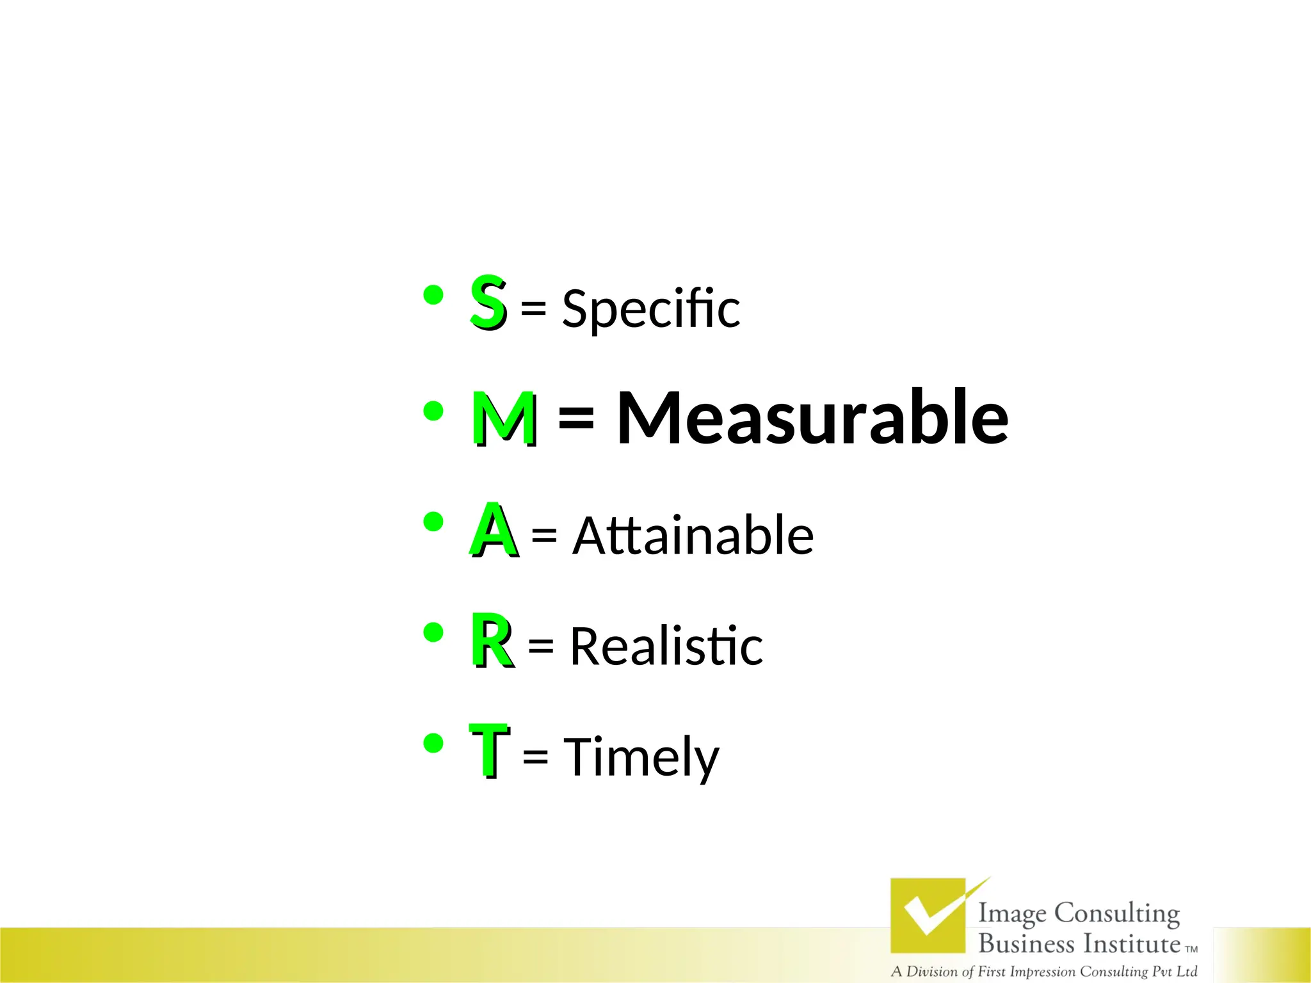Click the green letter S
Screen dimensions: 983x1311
pyautogui.click(x=488, y=301)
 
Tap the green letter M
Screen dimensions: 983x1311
pyautogui.click(x=504, y=418)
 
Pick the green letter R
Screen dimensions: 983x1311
pyautogui.click(x=492, y=639)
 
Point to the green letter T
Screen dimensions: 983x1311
pyautogui.click(x=489, y=749)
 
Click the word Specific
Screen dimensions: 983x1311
pyautogui.click(x=651, y=309)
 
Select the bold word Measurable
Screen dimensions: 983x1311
pyautogui.click(x=812, y=418)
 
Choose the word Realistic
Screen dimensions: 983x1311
pyautogui.click(x=666, y=646)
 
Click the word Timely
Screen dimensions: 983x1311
pyautogui.click(x=641, y=757)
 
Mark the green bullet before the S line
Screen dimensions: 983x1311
pyautogui.click(x=433, y=296)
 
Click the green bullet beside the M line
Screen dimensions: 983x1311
pyautogui.click(x=433, y=412)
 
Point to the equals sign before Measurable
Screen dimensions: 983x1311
pyautogui.click(x=576, y=419)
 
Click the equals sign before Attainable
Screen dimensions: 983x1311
pyautogui.click(x=544, y=534)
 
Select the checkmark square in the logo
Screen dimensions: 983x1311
pyautogui.click(x=928, y=915)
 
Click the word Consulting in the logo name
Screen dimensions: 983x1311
pyautogui.click(x=1117, y=913)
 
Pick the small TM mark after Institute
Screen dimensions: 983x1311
pyautogui.click(x=1191, y=949)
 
